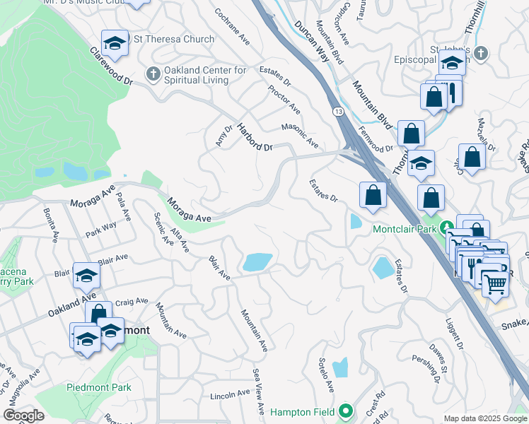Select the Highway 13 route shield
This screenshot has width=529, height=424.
[338, 112]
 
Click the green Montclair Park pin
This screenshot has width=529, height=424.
[446, 228]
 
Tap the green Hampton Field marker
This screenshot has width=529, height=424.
[345, 410]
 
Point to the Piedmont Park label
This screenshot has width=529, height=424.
[99, 387]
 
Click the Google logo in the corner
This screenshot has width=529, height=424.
[23, 416]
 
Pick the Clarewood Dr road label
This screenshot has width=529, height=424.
[111, 67]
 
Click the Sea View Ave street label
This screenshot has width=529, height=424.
[257, 385]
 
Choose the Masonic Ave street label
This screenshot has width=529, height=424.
[300, 135]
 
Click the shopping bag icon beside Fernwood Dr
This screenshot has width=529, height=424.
[411, 132]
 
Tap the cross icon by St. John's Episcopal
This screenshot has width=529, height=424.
[480, 54]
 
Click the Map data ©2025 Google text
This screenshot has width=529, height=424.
[484, 418]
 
